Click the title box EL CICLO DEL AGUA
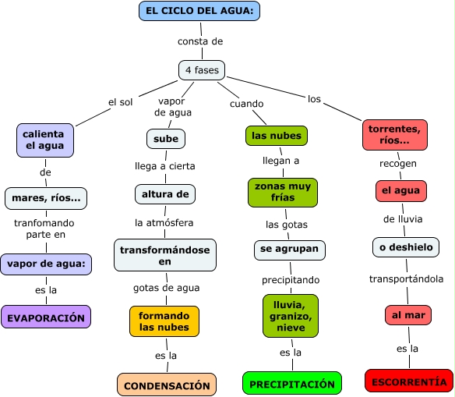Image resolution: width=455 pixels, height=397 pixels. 199,11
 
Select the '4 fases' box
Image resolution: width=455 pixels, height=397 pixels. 202,70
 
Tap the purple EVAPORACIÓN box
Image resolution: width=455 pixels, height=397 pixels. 46,317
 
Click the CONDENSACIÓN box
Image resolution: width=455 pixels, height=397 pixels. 167,385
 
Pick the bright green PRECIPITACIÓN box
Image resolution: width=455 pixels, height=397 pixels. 292,383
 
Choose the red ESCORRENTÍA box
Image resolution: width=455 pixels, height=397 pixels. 409,381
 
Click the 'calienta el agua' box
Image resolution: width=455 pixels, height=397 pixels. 45,140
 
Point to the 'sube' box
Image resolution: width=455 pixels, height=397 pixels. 166,139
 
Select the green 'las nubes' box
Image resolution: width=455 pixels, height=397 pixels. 277,136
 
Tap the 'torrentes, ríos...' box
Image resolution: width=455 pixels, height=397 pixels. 395,135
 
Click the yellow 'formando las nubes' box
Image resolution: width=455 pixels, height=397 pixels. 164,321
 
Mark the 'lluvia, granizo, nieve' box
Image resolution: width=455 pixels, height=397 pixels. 291,316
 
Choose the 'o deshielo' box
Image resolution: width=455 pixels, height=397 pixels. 406,247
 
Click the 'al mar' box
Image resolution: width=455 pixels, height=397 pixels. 408,315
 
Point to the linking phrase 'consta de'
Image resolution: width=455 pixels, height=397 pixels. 200,41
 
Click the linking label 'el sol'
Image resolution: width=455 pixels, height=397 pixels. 121,102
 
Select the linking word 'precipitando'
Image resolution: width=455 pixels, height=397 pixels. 291,280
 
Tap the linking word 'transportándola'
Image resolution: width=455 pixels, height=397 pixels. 406,279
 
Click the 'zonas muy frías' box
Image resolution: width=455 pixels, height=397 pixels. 283,193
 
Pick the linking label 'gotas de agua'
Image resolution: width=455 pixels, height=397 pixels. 167,288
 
